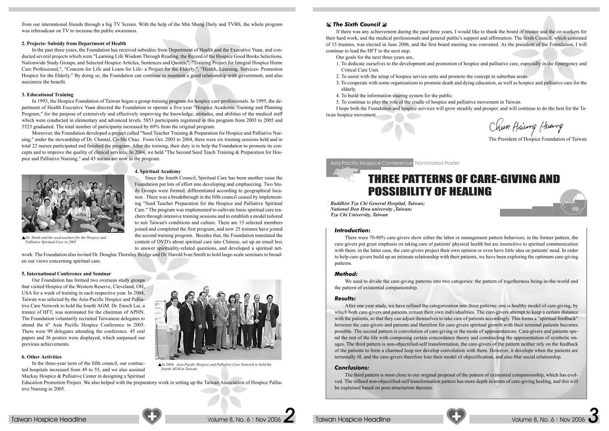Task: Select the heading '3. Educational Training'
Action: [x=47, y=95]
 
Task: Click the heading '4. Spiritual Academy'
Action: [x=157, y=171]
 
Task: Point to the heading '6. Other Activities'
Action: [x=42, y=357]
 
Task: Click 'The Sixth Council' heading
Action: [x=356, y=25]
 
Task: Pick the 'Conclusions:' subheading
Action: [x=351, y=368]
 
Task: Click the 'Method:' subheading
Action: [x=346, y=274]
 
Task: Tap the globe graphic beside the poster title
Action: [x=573, y=202]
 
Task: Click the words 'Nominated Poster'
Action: [x=437, y=163]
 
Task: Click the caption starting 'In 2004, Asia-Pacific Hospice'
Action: [x=216, y=367]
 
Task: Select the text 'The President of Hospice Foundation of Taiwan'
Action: [x=537, y=139]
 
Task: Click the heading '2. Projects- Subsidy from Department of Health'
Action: [x=74, y=43]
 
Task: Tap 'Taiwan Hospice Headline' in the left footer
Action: [x=49, y=420]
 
